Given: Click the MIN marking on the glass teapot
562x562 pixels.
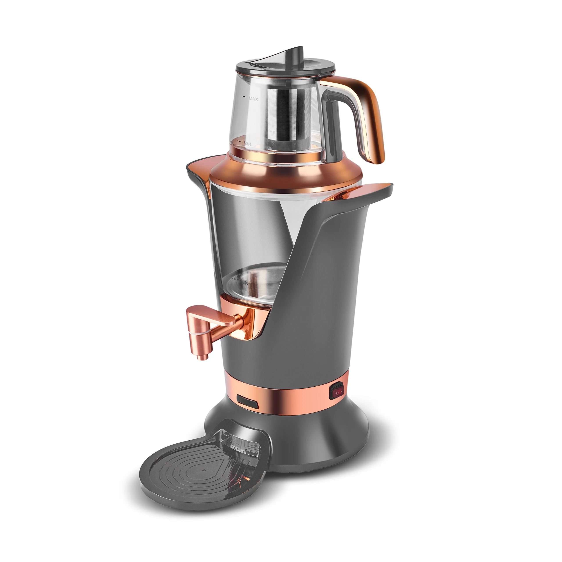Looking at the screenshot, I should click(x=247, y=144).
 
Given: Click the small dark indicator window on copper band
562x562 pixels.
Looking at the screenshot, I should click(x=247, y=401).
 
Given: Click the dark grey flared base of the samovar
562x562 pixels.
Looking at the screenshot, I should click(x=320, y=442).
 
